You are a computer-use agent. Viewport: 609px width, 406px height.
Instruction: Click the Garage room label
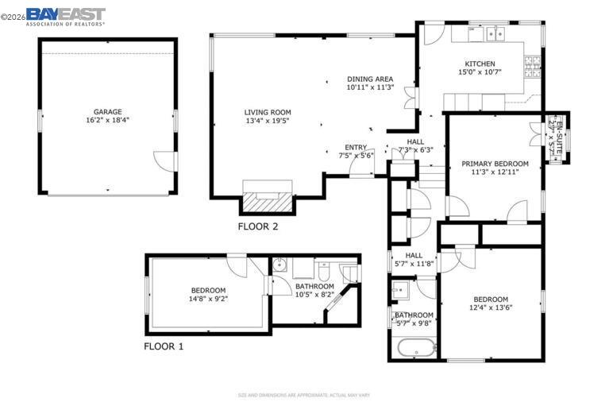tap(107, 111)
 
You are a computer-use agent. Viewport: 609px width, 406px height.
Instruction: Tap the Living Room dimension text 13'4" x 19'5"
tap(268, 122)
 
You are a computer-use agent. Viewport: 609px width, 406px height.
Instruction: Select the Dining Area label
tap(370, 79)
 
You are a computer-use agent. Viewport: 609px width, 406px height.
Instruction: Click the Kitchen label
tap(480, 64)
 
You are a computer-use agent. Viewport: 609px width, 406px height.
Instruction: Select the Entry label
tap(356, 147)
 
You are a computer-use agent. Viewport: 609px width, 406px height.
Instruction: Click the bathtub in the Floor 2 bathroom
tap(416, 348)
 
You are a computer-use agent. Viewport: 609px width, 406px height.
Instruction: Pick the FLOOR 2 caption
tap(258, 226)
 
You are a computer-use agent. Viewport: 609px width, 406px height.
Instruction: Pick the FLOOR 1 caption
tap(164, 346)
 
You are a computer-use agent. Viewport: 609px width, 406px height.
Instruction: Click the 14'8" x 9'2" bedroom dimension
tap(208, 300)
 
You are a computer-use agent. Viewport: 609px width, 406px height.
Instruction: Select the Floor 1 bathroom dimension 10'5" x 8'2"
tap(314, 295)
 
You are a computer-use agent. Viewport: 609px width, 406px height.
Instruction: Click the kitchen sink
tap(497, 33)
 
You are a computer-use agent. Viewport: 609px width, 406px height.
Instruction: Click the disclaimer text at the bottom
tap(304, 395)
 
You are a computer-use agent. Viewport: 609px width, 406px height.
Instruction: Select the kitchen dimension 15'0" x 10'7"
tap(480, 72)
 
